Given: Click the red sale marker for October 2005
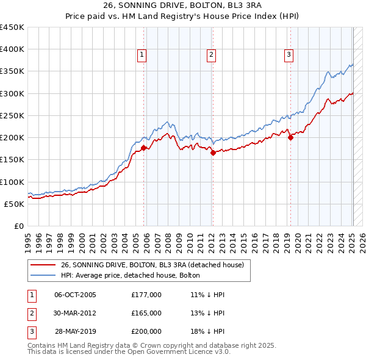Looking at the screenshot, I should coord(144,148).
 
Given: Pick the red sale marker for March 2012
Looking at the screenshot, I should coord(213,153).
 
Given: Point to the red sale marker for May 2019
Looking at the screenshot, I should coord(290,137).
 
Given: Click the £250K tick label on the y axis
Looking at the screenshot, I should coord(12,115).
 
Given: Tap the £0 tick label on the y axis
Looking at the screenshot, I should coord(20,226).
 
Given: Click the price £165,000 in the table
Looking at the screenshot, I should coord(146,313).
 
